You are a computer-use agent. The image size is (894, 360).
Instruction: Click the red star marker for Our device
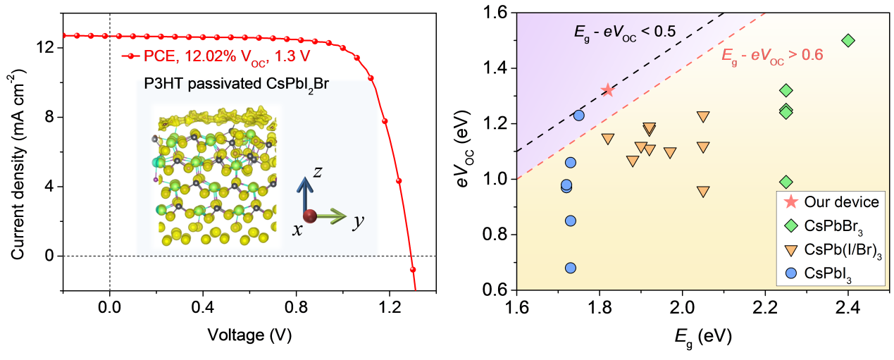click(607, 90)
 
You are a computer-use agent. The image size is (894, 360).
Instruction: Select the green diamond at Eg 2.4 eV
click(848, 40)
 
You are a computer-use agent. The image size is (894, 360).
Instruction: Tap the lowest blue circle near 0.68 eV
click(571, 268)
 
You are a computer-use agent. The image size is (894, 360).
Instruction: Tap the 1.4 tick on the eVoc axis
click(497, 68)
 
